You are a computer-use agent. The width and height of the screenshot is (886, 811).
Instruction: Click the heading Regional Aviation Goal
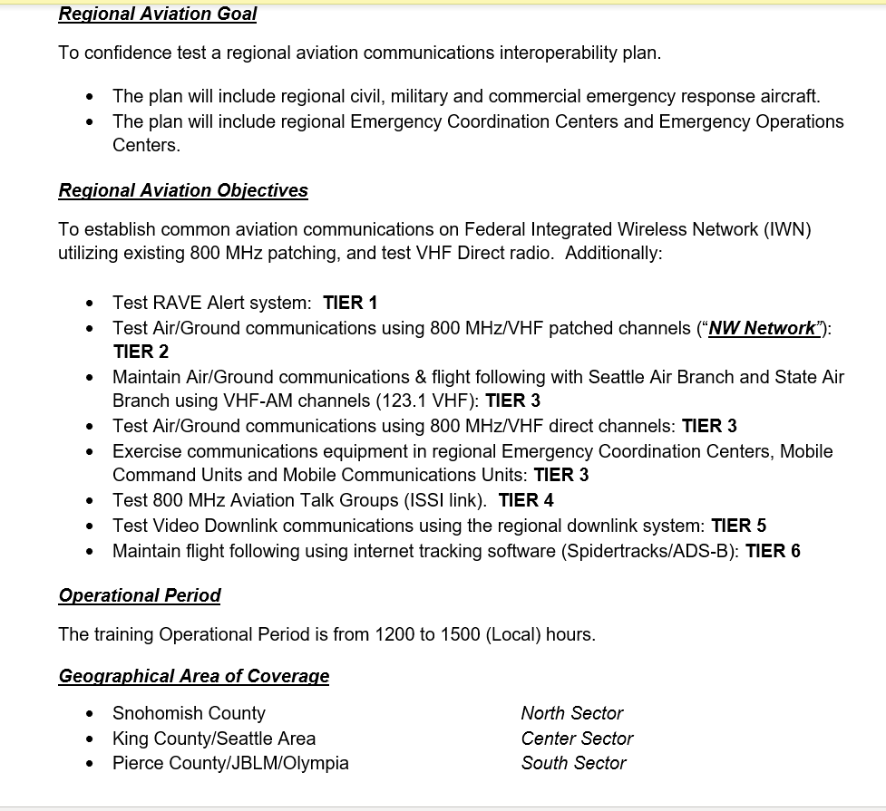(x=158, y=14)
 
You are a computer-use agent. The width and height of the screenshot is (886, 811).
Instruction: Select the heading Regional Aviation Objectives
(x=183, y=191)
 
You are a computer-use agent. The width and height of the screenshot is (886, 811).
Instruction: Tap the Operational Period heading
(x=140, y=595)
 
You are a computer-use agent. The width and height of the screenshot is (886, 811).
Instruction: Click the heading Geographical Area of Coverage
(x=194, y=676)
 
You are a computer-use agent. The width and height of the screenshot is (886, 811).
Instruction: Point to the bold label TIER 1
(x=350, y=303)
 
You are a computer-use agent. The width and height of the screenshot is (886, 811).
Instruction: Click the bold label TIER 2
(x=141, y=352)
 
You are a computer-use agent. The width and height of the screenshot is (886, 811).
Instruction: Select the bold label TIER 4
(x=526, y=500)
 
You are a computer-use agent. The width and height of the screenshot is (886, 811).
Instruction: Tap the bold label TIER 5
(x=739, y=526)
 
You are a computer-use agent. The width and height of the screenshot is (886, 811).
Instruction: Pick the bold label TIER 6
(x=773, y=551)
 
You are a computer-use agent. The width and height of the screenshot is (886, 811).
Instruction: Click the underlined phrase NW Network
(x=762, y=328)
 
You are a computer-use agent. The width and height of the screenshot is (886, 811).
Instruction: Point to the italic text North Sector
(x=571, y=713)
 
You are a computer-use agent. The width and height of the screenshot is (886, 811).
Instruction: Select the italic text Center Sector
(x=577, y=739)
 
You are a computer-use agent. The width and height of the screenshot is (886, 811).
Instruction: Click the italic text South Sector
(x=573, y=763)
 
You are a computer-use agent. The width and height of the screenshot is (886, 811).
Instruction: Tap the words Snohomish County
(x=189, y=713)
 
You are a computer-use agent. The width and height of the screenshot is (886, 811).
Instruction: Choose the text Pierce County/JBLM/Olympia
(x=230, y=763)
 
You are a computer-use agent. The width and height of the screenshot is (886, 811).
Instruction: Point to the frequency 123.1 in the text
(x=396, y=401)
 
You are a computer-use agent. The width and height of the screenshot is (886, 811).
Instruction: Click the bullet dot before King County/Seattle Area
(x=89, y=739)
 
